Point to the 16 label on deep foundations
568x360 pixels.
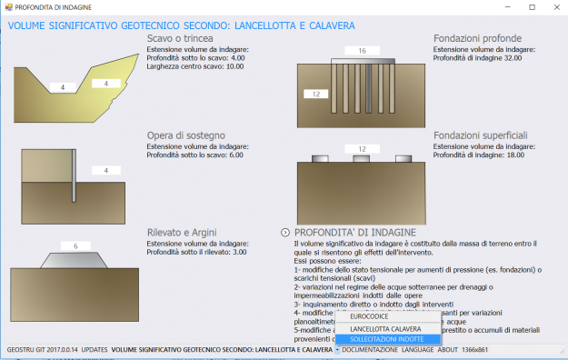(362, 51)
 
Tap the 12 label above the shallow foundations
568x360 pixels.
(362, 148)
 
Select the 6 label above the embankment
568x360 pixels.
(75, 246)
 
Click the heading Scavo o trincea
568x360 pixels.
(180, 38)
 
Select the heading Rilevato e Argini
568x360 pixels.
(182, 232)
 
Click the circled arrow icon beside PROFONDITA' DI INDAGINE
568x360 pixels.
(286, 233)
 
